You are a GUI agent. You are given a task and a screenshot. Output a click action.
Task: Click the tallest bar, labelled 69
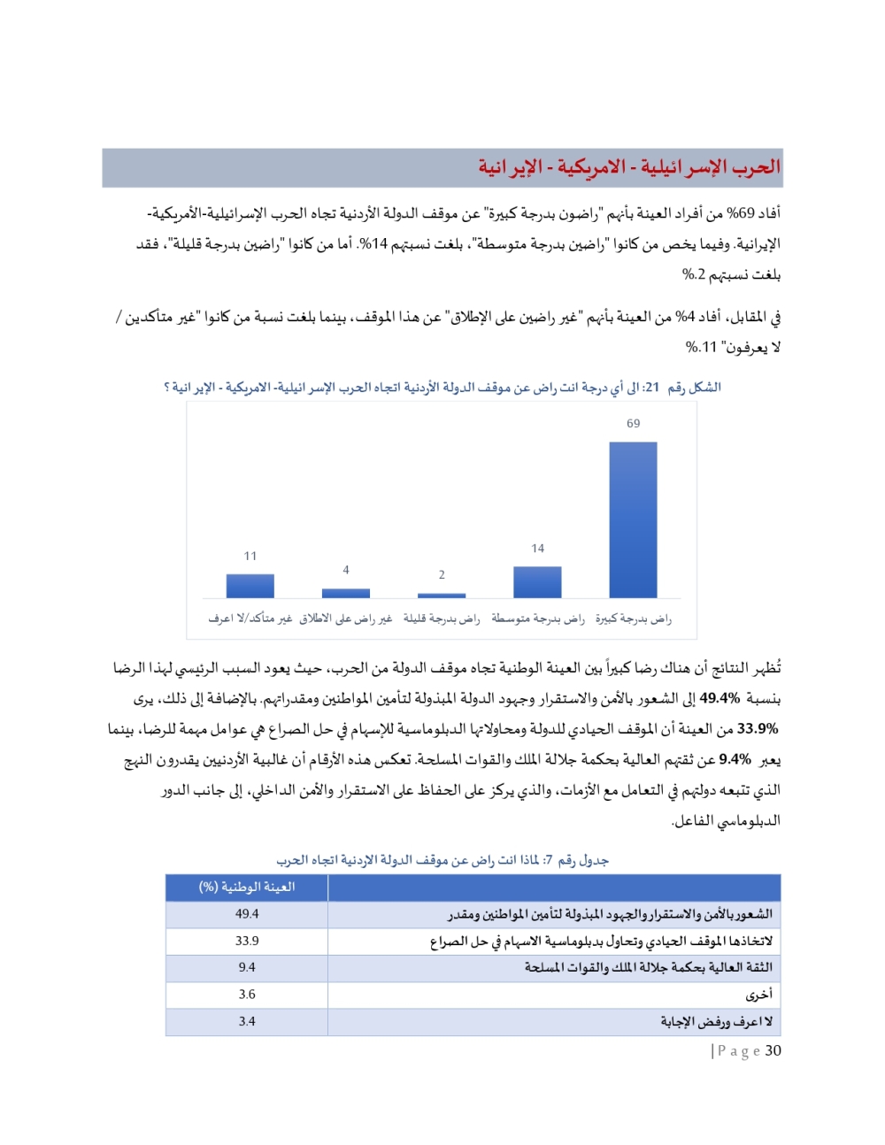[633, 519]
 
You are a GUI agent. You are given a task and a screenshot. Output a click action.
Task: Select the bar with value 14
[537, 582]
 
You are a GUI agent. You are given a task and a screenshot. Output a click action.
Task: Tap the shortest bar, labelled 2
[442, 596]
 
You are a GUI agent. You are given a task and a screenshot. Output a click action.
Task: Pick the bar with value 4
[346, 593]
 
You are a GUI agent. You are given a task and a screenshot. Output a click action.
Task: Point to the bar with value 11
[250, 586]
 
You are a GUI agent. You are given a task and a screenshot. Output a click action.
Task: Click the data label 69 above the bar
[633, 424]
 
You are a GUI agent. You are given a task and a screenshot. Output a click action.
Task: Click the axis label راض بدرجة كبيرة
[633, 619]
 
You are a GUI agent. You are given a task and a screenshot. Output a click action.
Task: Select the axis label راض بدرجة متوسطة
[537, 619]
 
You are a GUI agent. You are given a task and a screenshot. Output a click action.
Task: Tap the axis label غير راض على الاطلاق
[346, 619]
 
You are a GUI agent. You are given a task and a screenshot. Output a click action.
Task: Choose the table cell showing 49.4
[247, 914]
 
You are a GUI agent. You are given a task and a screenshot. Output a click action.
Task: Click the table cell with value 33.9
[247, 941]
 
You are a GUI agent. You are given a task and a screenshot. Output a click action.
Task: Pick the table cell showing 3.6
[247, 995]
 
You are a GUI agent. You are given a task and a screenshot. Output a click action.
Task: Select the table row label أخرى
[758, 995]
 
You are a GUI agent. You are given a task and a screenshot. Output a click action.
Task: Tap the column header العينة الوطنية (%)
[247, 887]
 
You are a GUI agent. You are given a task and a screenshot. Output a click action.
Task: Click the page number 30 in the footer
[773, 1050]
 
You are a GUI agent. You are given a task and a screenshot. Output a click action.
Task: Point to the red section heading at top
[628, 167]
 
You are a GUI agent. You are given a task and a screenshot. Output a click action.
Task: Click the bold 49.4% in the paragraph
[720, 698]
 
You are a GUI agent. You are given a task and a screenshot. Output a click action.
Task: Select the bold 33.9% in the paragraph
[758, 728]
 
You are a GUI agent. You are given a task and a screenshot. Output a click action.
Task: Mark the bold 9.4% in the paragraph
[735, 759]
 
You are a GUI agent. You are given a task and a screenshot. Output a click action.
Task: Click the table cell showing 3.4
[247, 1021]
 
